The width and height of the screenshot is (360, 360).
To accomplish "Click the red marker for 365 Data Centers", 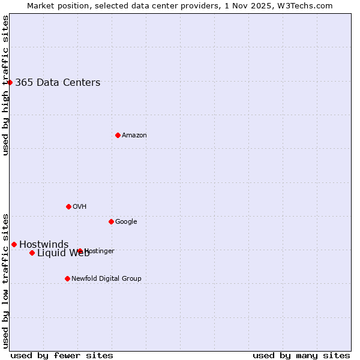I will click(10, 82).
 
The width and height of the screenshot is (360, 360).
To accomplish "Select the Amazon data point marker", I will click(118, 135).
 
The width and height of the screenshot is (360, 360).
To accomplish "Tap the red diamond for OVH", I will click(68, 206).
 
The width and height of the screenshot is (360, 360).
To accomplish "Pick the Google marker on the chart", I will click(111, 221).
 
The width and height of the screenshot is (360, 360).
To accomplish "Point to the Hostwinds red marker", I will click(14, 244).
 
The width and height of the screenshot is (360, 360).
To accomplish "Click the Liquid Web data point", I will click(32, 253).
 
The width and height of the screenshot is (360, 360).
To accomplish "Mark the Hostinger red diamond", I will click(80, 251).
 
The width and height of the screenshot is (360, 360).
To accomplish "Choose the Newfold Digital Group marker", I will click(67, 278).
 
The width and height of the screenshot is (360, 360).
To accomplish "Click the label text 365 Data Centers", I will click(58, 83).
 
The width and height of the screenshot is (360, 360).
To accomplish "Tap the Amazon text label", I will click(134, 136).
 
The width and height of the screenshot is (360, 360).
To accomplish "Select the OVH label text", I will click(79, 207).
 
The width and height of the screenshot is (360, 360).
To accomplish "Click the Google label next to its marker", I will click(126, 222).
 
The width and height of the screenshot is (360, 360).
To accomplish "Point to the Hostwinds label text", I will click(44, 245).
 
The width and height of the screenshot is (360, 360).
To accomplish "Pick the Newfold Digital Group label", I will click(106, 279).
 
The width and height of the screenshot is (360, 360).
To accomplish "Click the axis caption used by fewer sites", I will click(62, 355).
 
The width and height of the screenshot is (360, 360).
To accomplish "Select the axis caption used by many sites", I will click(301, 355).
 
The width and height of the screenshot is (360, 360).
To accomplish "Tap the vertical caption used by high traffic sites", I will click(5, 85).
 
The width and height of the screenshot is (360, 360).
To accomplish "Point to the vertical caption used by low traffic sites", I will click(5, 281).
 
